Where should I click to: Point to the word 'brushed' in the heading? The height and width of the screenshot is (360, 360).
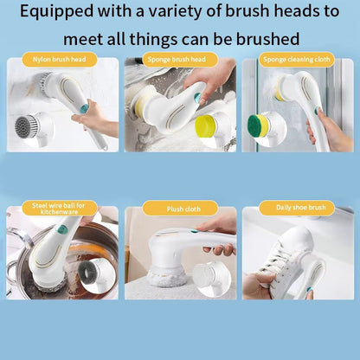[270, 40]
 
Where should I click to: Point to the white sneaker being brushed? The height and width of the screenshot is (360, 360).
[281, 260]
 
